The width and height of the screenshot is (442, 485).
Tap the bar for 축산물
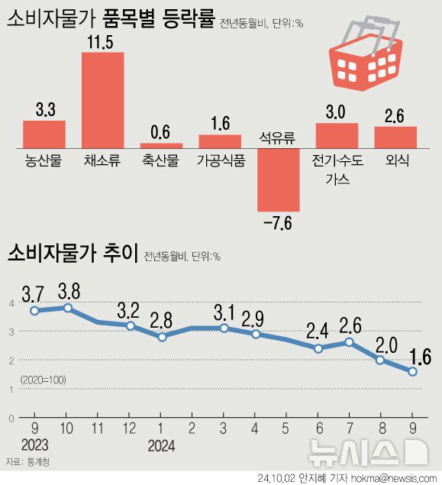click(161, 144)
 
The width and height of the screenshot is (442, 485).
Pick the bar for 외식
click(395, 136)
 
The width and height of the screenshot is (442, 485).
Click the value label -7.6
click(278, 224)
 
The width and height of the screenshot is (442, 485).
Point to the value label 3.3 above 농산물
click(44, 110)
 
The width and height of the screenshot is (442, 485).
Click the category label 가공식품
click(220, 160)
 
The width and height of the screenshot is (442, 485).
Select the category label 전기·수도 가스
click(337, 170)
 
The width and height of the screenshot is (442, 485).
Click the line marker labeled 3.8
click(68, 308)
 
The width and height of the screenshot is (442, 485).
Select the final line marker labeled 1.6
click(412, 372)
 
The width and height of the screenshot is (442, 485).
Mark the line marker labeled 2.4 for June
click(318, 348)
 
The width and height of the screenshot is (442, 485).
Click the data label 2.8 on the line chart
click(163, 318)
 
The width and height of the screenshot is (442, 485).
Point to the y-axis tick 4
click(11, 302)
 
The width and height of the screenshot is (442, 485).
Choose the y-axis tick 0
click(11, 419)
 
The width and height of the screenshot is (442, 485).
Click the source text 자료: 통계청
click(27, 462)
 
